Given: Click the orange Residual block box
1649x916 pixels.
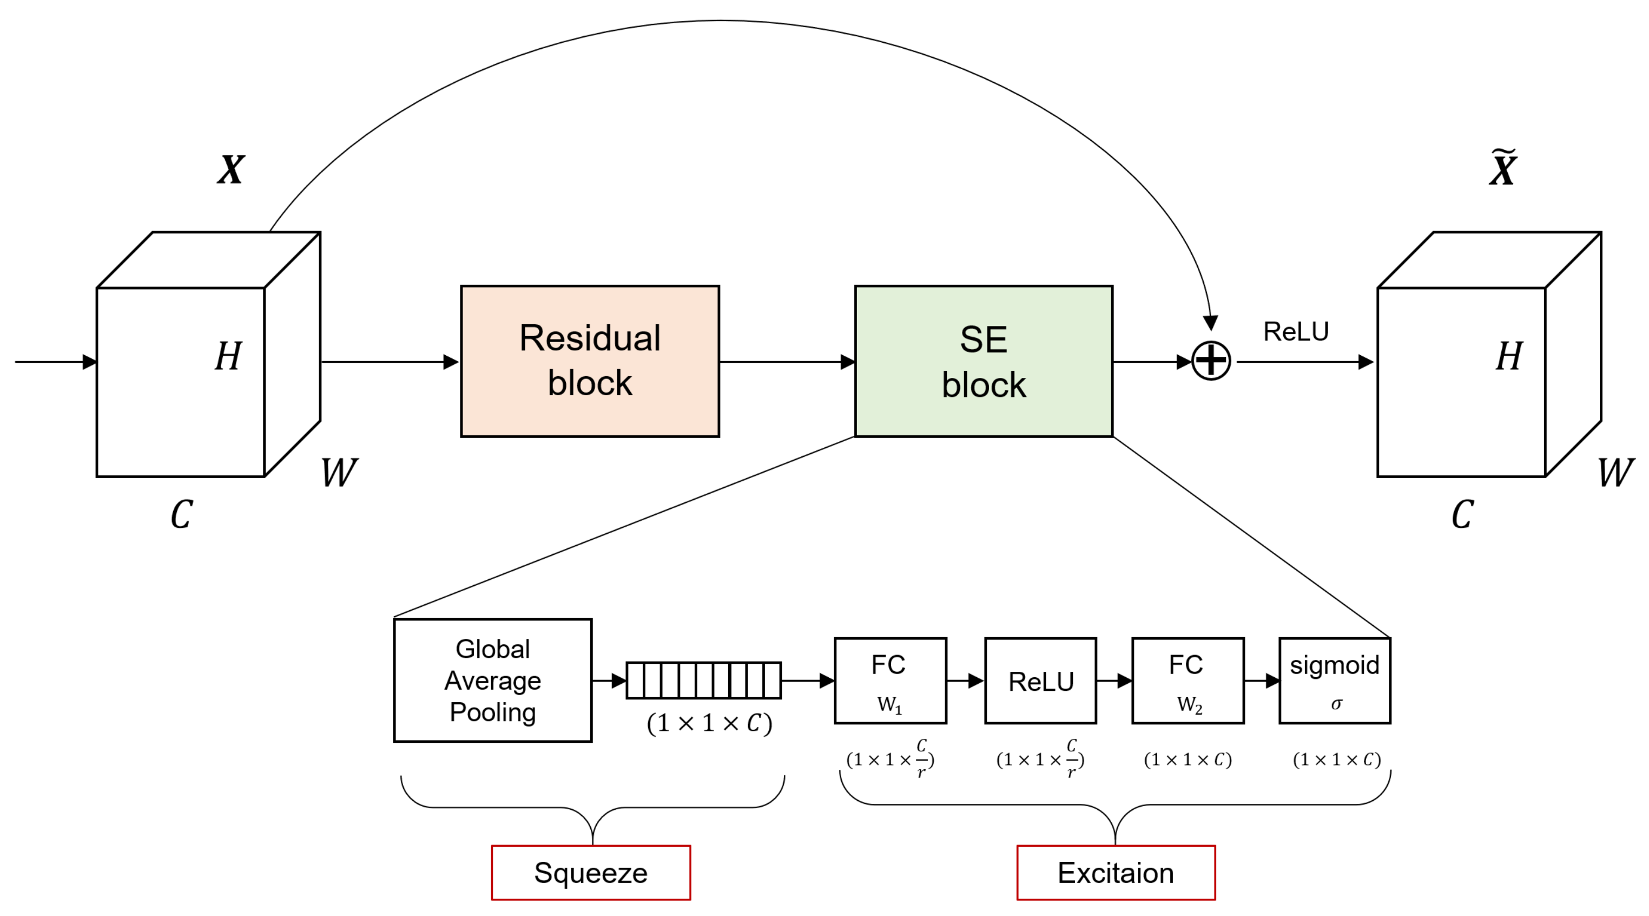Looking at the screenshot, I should (590, 361).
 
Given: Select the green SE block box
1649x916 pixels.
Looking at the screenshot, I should (983, 361).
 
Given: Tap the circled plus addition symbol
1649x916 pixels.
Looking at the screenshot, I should (1210, 361).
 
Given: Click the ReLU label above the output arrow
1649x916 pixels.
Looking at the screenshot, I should (1296, 332).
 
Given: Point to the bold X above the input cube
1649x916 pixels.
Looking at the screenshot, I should (230, 171).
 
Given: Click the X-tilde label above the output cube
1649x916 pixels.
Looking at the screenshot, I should (1502, 168).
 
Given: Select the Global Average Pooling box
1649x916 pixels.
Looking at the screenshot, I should (492, 681).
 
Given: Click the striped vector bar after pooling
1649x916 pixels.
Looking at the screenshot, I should (703, 681).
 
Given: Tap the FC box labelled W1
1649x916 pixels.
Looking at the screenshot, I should (890, 681).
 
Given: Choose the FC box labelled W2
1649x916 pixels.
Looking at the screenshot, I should (1188, 681).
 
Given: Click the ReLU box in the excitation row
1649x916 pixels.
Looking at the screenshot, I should (1040, 681).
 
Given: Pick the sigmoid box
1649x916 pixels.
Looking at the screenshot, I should (1335, 681).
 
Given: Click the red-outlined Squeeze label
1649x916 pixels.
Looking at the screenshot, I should (590, 873).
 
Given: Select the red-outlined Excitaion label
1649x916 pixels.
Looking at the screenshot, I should (1116, 873).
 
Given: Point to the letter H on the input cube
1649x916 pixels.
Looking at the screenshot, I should (228, 356).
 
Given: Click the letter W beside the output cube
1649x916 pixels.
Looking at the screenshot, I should (1615, 473).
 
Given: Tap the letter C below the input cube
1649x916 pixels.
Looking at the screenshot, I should (182, 514).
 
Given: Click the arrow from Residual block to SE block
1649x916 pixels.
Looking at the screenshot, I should (787, 362).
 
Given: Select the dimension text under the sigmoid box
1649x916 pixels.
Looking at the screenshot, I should (1337, 760).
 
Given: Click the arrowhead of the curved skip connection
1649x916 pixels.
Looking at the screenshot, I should (1210, 322).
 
